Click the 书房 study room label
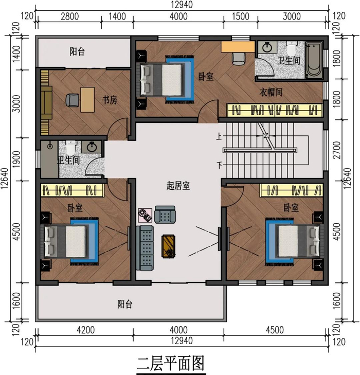click(110, 100)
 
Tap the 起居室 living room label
click(178, 186)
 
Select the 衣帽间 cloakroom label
click(271, 92)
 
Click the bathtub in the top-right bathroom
click(314, 60)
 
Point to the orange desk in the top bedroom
click(238, 47)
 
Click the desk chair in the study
click(72, 100)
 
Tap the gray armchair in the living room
click(165, 215)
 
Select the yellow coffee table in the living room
click(168, 246)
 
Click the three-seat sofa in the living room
click(145, 248)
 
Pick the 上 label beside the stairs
click(219, 136)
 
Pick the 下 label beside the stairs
click(220, 165)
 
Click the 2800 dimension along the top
click(69, 16)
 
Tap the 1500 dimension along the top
click(241, 16)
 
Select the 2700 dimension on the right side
click(336, 150)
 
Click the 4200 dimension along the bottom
click(85, 330)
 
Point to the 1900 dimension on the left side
click(16, 159)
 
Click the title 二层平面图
click(171, 364)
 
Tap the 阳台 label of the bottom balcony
click(125, 304)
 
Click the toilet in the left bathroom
click(70, 148)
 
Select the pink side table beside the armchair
click(145, 215)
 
